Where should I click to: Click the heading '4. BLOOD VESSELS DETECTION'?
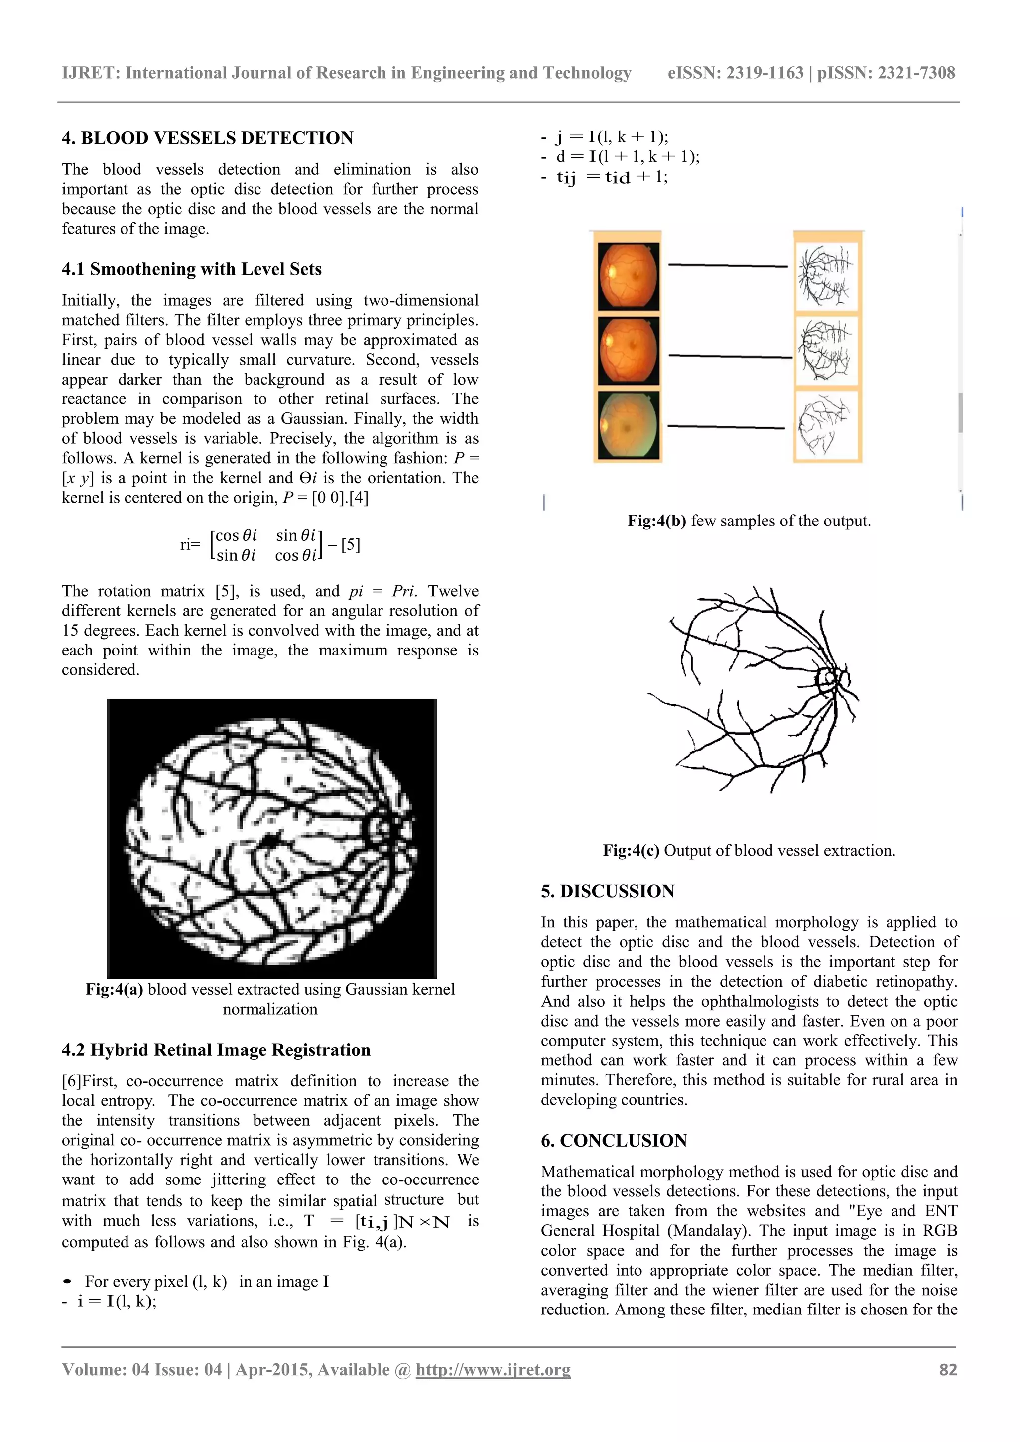point(207,138)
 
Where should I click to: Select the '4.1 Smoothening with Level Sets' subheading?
point(192,269)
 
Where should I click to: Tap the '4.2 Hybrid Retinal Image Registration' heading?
point(216,1050)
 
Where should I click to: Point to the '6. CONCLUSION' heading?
point(614,1141)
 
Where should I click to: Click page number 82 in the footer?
point(948,1370)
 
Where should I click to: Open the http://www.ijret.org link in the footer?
point(493,1370)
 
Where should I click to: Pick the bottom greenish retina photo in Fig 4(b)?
point(628,425)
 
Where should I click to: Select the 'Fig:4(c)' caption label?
point(631,851)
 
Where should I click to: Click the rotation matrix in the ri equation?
point(266,545)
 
